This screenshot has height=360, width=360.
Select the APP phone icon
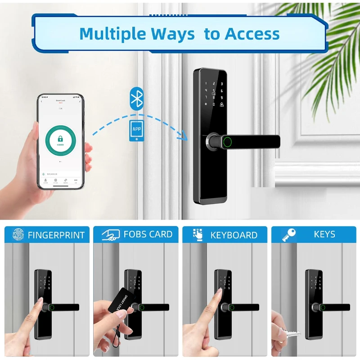click(136, 130)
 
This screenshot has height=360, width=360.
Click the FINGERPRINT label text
click(56, 235)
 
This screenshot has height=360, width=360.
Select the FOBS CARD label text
click(148, 234)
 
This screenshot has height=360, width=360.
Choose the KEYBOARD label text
click(234, 235)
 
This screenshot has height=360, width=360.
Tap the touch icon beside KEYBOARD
click(198, 234)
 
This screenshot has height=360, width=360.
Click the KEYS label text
click(324, 234)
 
